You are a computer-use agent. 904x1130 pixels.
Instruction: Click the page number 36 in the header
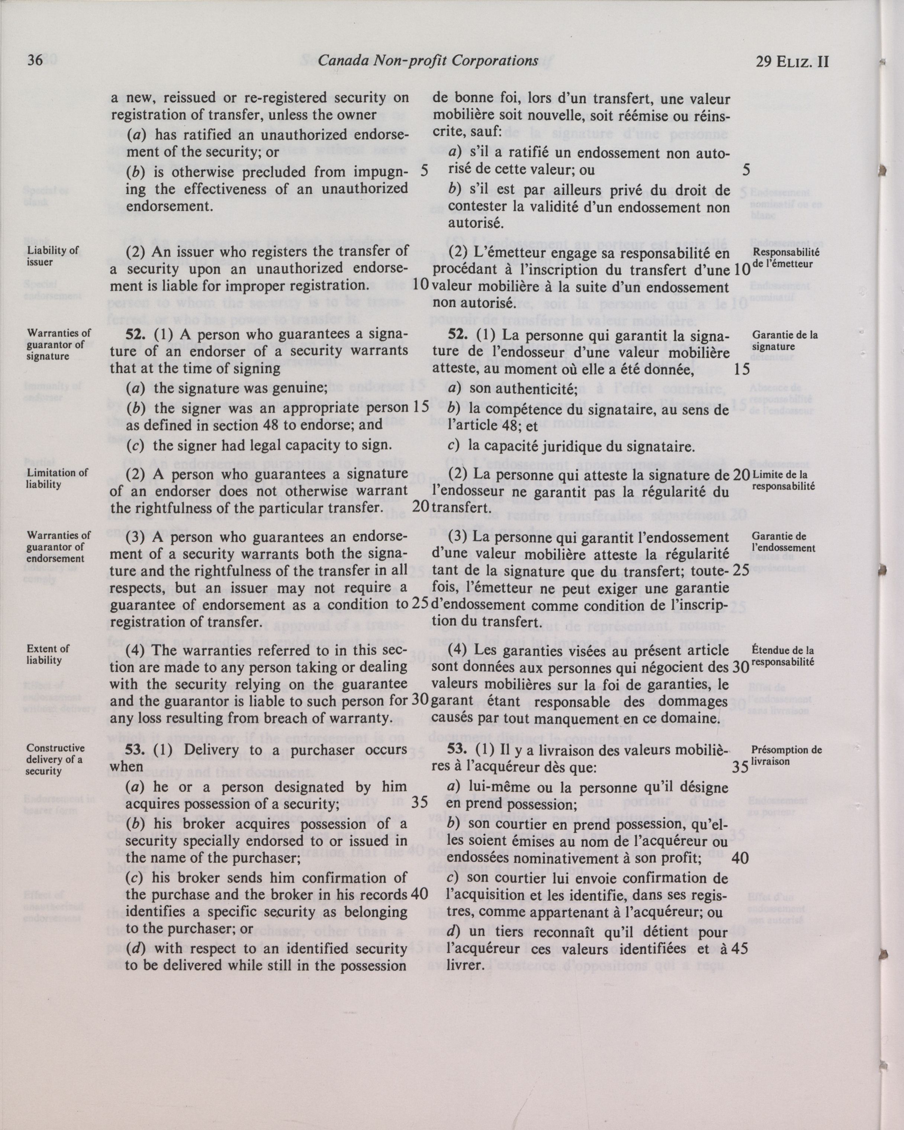[35, 61]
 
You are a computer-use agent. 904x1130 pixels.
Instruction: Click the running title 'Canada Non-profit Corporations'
[428, 61]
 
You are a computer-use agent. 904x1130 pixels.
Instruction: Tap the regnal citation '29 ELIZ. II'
[792, 62]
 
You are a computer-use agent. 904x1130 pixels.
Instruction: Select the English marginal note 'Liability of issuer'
[46, 256]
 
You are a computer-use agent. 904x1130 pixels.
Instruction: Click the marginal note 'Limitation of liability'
[57, 478]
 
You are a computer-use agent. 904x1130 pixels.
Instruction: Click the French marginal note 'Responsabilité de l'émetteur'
[786, 258]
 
